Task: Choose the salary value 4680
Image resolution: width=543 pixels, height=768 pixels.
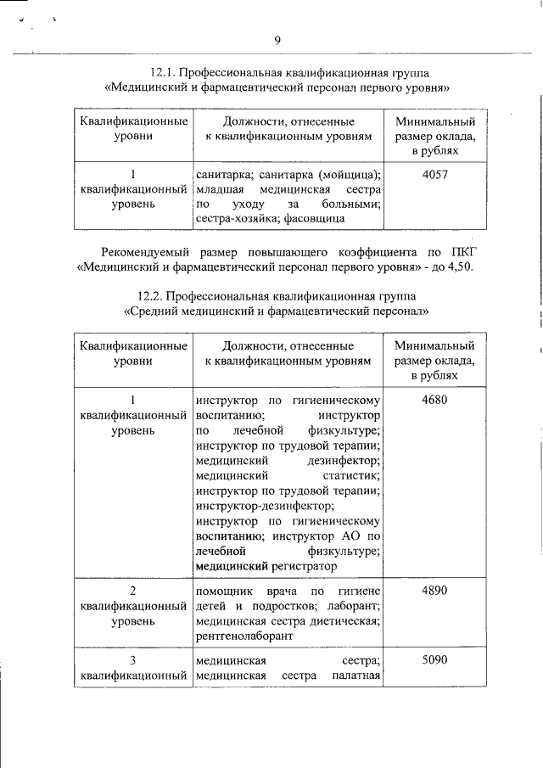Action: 434,399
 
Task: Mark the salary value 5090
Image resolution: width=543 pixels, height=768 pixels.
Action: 434,659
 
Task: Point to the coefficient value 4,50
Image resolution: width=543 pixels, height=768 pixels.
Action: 458,267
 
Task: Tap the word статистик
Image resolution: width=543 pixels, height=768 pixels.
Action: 350,475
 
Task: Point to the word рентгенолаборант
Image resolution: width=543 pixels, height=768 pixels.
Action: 244,636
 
